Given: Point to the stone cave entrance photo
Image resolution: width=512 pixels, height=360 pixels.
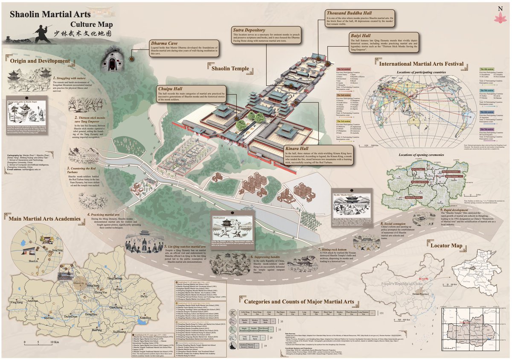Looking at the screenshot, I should [x=112, y=61].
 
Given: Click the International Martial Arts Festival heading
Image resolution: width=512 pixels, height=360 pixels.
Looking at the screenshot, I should [x=421, y=64].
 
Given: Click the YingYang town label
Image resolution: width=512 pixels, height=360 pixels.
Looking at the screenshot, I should [x=17, y=302].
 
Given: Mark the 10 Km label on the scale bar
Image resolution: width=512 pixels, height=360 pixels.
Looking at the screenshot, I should [x=54, y=342].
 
